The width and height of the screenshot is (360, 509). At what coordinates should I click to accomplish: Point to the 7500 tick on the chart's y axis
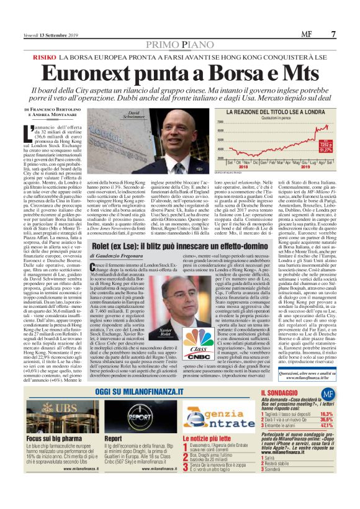point(237,123)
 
